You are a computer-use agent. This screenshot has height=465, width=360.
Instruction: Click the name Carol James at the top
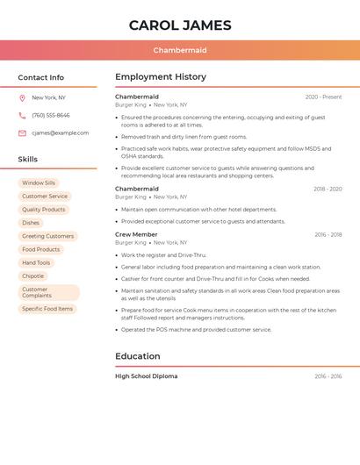click(x=180, y=25)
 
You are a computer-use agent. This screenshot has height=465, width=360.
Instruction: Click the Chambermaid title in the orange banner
click(x=180, y=51)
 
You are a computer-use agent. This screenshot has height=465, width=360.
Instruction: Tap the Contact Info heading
click(x=41, y=77)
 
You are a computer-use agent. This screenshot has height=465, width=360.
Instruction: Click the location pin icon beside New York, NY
click(x=22, y=98)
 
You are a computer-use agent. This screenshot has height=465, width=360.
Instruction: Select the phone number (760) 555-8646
click(x=51, y=116)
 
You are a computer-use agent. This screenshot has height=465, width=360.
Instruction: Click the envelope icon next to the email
click(x=22, y=133)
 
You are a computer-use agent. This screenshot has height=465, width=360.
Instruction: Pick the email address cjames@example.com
click(x=60, y=133)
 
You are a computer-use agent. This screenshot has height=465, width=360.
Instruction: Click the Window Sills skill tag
click(x=39, y=183)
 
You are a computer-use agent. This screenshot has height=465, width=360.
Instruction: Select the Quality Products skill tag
click(x=44, y=210)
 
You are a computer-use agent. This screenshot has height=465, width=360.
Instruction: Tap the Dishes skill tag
click(x=31, y=223)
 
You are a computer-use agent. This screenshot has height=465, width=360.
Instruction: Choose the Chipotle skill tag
click(x=33, y=275)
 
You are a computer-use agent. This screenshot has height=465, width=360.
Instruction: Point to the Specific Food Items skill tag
click(x=47, y=309)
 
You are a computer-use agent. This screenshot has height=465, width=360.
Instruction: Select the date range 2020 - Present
click(x=323, y=97)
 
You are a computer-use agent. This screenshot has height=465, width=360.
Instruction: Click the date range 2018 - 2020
click(x=328, y=190)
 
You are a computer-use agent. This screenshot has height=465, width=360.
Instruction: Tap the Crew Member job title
click(x=136, y=235)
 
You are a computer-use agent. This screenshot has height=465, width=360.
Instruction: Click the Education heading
click(x=138, y=356)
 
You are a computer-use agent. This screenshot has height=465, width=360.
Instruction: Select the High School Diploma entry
click(x=146, y=376)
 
